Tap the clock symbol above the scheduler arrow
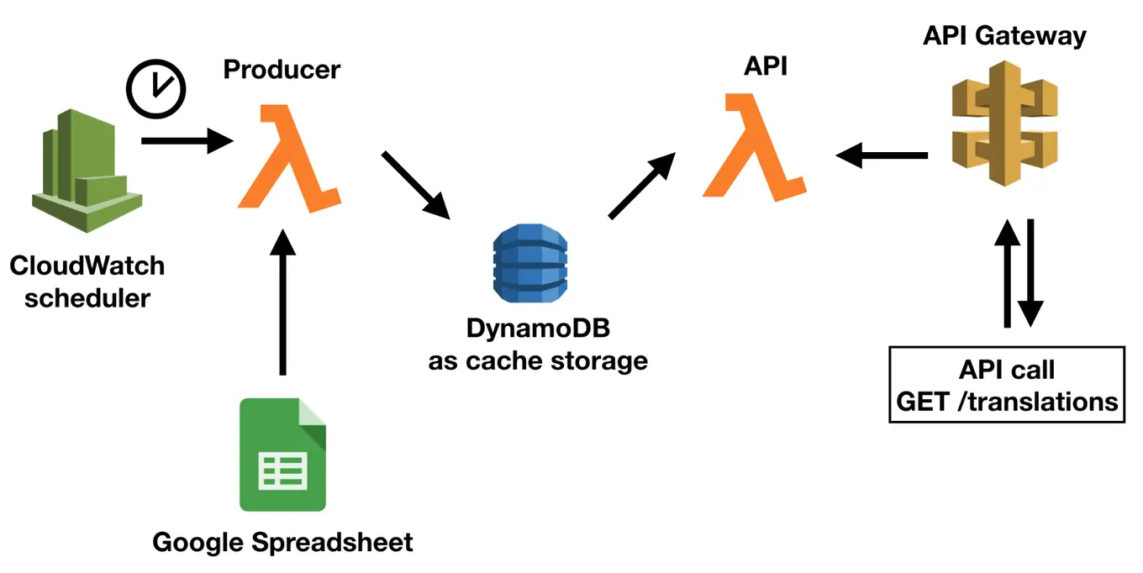tap(155, 89)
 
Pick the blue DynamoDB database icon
tap(529, 263)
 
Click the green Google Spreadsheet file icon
tap(282, 455)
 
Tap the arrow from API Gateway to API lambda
tap(882, 155)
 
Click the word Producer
tap(282, 69)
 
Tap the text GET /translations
tap(1007, 401)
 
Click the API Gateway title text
tap(1004, 36)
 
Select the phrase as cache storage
tap(538, 361)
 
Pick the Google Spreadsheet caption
tap(282, 542)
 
